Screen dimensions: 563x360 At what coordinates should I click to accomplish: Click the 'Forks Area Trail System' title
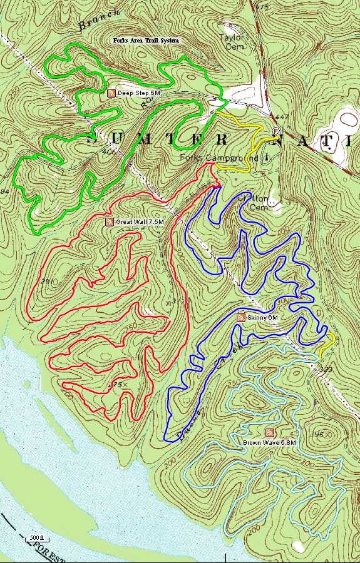point(146,40)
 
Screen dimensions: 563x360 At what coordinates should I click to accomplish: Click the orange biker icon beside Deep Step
point(111,93)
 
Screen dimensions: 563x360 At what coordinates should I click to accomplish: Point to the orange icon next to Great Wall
point(108,221)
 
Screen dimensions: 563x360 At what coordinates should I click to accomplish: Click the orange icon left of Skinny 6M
point(240,318)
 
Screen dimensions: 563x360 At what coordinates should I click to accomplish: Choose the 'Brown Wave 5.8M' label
point(269,443)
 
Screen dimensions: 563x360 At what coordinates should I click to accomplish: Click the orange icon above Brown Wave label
point(270,433)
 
